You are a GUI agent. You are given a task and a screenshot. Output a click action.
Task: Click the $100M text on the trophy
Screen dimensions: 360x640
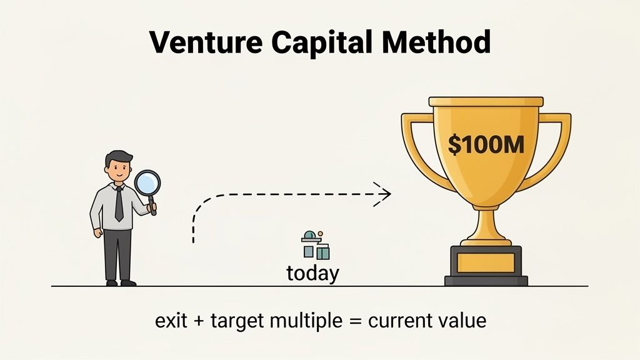pos(486,144)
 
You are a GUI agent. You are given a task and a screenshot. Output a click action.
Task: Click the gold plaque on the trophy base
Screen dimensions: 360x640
pos(486,262)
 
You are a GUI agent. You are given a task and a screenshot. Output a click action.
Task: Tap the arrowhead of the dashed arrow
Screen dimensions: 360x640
pos(382,193)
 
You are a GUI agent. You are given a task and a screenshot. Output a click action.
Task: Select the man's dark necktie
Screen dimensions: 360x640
pos(119,203)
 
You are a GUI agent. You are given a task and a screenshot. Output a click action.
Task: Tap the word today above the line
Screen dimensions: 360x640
pos(312,273)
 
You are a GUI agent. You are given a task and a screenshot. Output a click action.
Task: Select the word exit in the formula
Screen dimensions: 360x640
pos(169,321)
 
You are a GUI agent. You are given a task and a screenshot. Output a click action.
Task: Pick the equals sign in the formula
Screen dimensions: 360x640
pos(354,322)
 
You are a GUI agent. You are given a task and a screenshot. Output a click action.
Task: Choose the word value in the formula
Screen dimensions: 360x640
pos(462,321)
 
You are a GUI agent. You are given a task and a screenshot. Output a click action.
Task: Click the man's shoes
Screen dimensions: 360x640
pos(120,282)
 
